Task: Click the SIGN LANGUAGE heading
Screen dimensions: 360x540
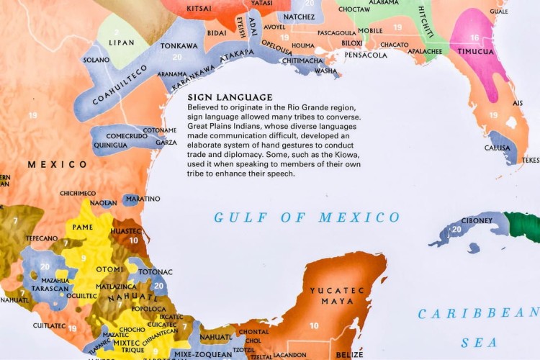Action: [230, 97]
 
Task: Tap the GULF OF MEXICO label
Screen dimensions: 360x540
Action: [307, 217]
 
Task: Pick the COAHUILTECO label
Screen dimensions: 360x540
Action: [120, 84]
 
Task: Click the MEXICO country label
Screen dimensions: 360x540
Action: [57, 165]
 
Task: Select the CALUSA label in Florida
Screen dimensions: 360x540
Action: [498, 148]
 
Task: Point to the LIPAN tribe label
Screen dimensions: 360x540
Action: [121, 43]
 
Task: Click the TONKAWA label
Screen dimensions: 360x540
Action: [179, 45]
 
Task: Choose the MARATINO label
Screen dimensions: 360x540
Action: [143, 199]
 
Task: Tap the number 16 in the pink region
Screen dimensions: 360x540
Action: [474, 37]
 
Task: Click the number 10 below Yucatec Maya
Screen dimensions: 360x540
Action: [314, 326]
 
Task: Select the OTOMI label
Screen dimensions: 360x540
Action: [109, 269]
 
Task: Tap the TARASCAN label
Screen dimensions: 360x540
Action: [50, 287]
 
